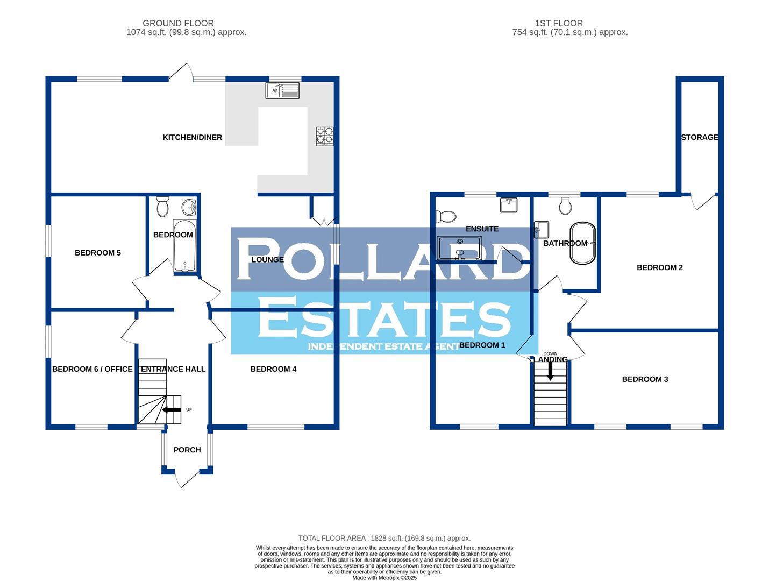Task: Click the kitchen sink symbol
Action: coord(282,90)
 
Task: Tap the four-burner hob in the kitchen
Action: coord(325,136)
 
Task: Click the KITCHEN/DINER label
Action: coord(192,137)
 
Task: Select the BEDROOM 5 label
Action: coord(97,253)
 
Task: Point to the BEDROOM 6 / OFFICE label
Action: coord(92,369)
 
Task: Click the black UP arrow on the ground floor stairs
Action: coord(172,410)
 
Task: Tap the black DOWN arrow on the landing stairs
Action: coord(550,371)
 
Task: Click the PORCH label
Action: coord(187,450)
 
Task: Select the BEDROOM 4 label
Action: coord(273,369)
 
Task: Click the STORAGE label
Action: coord(700,137)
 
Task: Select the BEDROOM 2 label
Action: coord(659,267)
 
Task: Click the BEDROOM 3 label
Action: coord(645,379)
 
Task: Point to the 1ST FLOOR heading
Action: coord(559,23)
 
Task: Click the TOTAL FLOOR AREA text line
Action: coord(384,538)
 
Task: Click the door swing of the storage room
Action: coord(698,202)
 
